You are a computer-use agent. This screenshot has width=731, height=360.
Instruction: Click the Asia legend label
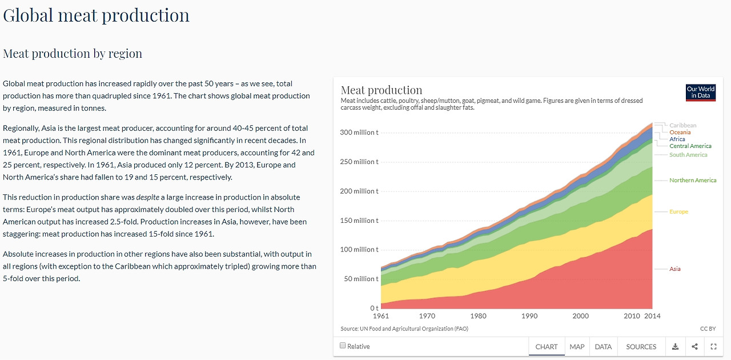pos(675,269)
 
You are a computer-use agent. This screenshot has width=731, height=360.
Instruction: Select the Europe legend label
pos(678,212)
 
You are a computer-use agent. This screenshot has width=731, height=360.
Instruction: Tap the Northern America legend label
pos(693,181)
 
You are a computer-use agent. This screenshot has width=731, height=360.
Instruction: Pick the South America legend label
pos(688,155)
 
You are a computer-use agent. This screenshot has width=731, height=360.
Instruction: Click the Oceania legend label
pos(680,133)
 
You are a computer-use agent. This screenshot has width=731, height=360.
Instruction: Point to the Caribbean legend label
pos(682,126)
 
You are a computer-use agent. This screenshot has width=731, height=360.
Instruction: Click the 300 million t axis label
pos(359,133)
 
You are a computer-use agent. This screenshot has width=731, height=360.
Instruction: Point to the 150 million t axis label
pos(359,221)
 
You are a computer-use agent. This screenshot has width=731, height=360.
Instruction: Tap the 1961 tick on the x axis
pos(380,316)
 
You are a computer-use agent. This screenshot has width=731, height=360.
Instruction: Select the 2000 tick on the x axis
pos(580,316)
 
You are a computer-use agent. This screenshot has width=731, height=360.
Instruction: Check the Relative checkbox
pos(343,346)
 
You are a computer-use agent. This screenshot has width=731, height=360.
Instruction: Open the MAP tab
pos(577,347)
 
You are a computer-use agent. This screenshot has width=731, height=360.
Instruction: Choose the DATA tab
pos(603,347)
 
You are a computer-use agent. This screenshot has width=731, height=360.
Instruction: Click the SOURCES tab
pos(641,347)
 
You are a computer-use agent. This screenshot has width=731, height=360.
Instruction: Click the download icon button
pos(676,346)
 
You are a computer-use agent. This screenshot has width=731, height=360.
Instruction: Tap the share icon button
pos(694,346)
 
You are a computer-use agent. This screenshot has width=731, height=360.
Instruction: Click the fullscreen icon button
pos(713,346)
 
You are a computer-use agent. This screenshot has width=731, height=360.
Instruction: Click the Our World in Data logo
pos(700,93)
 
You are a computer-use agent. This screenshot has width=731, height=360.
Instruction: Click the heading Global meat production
pos(96,15)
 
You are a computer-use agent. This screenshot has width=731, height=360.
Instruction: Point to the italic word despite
pos(147,197)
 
